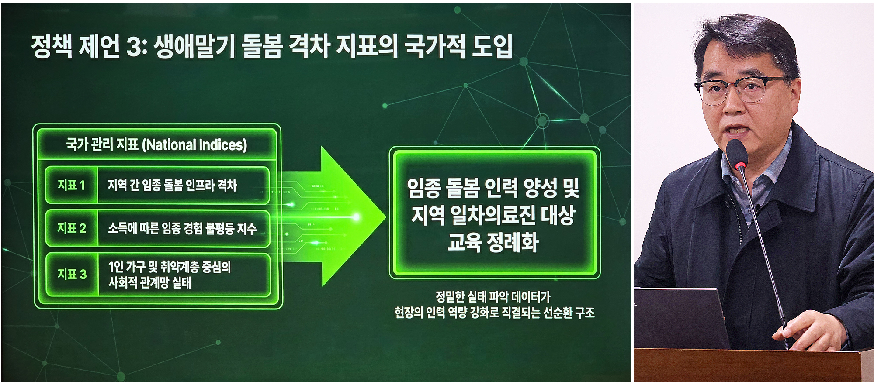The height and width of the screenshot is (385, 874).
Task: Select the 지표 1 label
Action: click(71, 185)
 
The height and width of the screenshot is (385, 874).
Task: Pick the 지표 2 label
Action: click(72, 228)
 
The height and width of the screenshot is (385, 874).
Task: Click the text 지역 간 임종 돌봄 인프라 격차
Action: click(172, 185)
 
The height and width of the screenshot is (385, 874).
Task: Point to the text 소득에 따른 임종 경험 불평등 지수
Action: click(182, 228)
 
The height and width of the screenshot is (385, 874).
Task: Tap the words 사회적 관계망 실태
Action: click(150, 283)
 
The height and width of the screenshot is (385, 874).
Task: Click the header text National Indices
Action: click(195, 145)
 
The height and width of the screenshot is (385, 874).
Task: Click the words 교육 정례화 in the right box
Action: click(493, 242)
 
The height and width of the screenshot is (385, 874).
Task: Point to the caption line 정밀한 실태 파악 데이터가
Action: click(493, 297)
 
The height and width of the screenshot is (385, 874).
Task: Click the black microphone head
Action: click(737, 154)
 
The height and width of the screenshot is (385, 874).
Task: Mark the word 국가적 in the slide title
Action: click(435, 46)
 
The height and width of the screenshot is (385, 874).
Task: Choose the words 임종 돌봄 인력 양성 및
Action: click(493, 188)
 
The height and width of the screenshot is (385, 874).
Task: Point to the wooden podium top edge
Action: click(752, 351)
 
